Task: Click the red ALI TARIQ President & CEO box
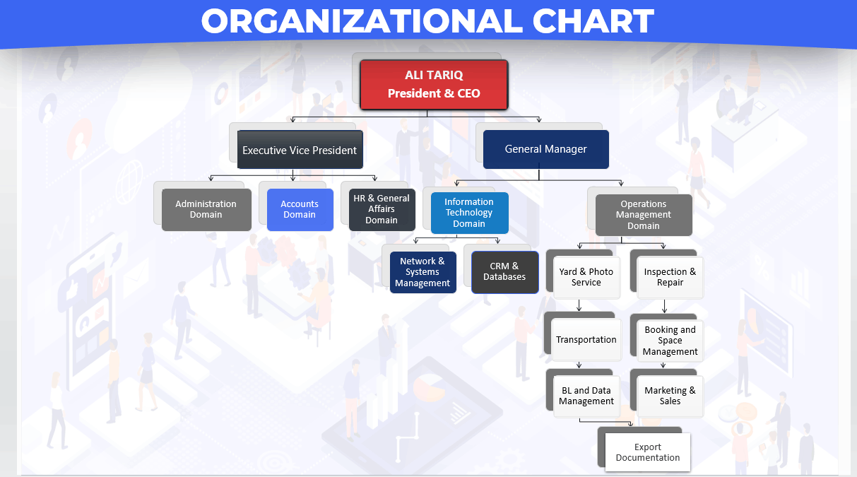click(x=434, y=85)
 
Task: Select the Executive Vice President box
click(x=300, y=149)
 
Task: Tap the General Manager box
click(x=546, y=149)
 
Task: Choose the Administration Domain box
click(x=206, y=210)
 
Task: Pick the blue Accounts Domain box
click(x=300, y=210)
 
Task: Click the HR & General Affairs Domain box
click(x=382, y=210)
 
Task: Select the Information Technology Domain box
click(x=469, y=213)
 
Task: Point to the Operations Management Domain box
click(x=644, y=215)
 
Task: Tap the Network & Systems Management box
click(x=422, y=272)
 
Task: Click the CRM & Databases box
click(x=505, y=272)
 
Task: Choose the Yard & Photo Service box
click(x=586, y=277)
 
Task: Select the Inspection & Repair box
click(x=670, y=277)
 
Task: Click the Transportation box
click(x=586, y=340)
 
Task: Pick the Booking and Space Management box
click(x=670, y=341)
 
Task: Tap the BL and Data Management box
click(x=586, y=396)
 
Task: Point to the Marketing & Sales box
click(x=670, y=396)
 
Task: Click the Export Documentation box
click(x=648, y=452)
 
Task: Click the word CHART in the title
click(x=593, y=20)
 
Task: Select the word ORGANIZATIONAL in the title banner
click(x=362, y=20)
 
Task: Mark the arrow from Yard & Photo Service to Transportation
click(x=579, y=305)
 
